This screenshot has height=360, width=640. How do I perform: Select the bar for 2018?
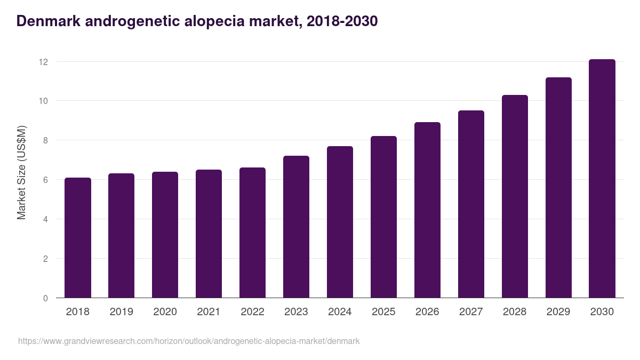[78, 238]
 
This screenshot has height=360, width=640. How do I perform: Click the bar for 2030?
[602, 179]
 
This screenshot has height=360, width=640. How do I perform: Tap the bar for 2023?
[296, 227]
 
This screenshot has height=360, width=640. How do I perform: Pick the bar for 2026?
[427, 210]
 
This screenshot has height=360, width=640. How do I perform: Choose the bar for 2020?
[165, 235]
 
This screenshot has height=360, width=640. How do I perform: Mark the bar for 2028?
[515, 196]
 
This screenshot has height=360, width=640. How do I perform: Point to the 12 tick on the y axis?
[43, 62]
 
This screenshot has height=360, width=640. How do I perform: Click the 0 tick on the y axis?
[45, 298]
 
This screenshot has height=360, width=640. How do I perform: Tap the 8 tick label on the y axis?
[45, 141]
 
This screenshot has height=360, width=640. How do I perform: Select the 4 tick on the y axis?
[45, 219]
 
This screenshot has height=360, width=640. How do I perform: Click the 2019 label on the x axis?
[122, 312]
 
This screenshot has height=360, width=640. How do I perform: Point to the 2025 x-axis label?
[383, 312]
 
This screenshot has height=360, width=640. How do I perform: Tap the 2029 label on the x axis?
[558, 312]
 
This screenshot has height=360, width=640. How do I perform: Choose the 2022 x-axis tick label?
[252, 312]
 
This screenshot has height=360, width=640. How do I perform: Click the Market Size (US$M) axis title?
[22, 173]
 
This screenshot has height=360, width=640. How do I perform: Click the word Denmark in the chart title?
[47, 21]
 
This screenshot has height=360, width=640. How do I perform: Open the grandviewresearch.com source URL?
[189, 341]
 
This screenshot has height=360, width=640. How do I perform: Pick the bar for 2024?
[340, 222]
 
